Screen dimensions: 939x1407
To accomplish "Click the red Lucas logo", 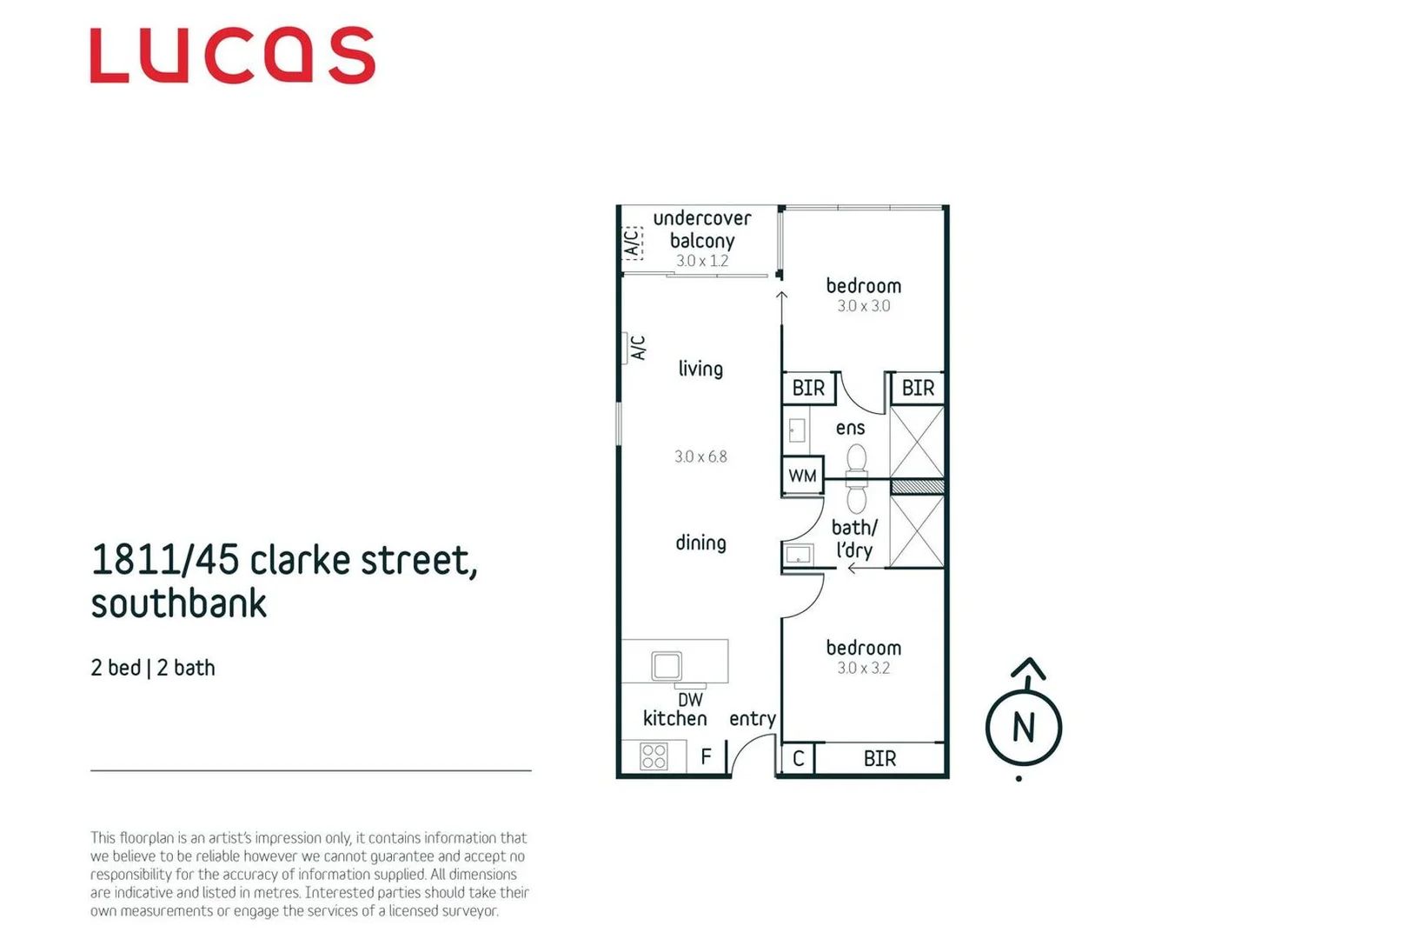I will pos(232,55).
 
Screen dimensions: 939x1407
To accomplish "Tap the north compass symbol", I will pos(1023,727).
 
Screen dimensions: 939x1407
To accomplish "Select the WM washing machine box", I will pos(802,476).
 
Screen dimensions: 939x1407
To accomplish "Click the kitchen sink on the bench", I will pos(667,665).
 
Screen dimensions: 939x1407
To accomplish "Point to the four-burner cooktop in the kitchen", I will pos(654,756).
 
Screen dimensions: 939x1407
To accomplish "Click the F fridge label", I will pos(706,756).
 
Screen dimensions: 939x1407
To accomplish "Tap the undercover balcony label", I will pos(702,230).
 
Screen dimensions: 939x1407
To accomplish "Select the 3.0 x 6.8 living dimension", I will pos(700,456).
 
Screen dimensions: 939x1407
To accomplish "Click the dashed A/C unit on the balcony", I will pos(633,243).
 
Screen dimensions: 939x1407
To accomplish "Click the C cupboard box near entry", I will pos(798,758).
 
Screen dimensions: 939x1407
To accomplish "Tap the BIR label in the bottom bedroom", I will pos(879,758).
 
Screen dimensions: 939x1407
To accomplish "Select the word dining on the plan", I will pos(700,543).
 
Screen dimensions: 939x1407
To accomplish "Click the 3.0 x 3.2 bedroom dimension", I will pos(863,669).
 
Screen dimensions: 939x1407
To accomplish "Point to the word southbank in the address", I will pos(179,603).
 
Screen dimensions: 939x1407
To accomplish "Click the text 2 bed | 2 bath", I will pos(153,668).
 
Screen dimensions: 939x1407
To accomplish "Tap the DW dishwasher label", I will pos(690,700).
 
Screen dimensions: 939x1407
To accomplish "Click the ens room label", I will pos(850,428).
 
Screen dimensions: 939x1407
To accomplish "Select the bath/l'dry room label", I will pos(854,538).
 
